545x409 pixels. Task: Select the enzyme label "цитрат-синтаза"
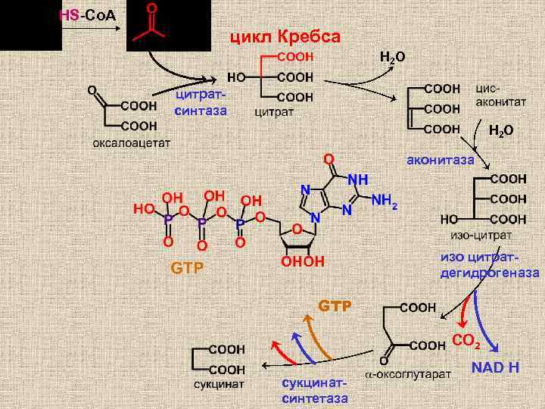coord(201,104)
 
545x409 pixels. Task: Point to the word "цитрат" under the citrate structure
coord(273,112)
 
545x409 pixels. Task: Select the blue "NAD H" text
coord(495,368)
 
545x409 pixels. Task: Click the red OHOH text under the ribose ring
coord(303,261)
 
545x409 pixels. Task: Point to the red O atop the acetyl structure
coord(151,8)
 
